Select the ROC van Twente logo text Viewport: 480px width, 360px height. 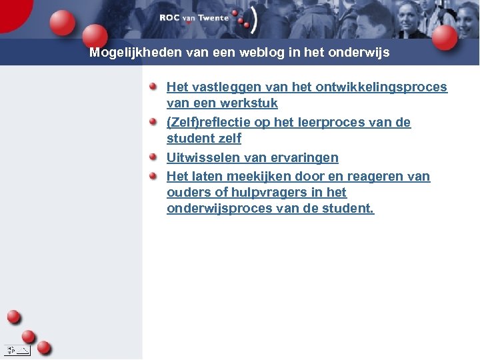coord(194,18)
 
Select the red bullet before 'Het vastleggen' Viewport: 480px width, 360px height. coord(153,87)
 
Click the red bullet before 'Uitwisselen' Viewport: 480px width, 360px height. coord(153,157)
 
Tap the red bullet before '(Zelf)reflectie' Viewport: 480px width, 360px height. coord(153,122)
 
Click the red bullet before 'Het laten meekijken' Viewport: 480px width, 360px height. coord(153,176)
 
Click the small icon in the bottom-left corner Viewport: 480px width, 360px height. coord(16,349)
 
